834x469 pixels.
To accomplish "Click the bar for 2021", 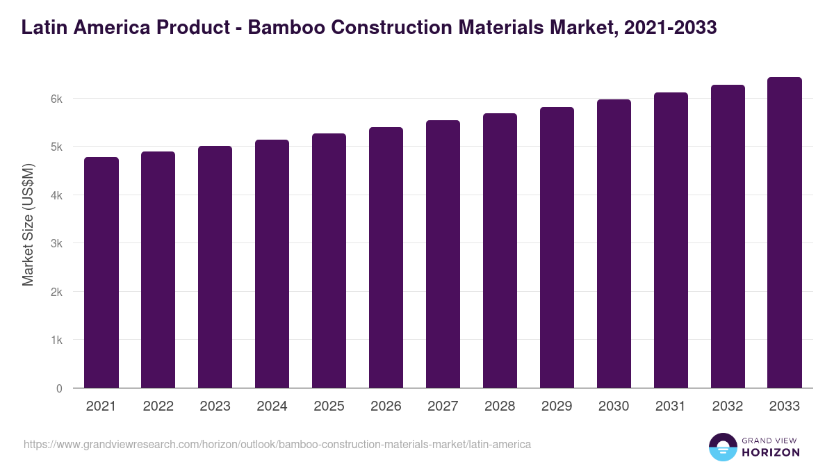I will point(101,272).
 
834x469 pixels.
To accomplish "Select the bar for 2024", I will point(272,264).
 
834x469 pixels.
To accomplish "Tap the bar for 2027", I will point(443,254).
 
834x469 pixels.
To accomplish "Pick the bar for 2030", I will point(614,244).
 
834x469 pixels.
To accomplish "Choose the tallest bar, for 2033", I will point(785,233).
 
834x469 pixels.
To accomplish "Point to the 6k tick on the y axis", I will point(56,99).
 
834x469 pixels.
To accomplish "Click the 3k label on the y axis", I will point(56,244).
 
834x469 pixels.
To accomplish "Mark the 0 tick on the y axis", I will point(59,388).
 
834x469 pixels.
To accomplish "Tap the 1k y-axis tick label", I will point(56,340).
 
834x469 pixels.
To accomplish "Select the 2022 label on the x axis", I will point(158,406).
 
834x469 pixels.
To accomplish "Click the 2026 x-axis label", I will point(386,406).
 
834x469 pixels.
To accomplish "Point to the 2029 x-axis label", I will point(557,406).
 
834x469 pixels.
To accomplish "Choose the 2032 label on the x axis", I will point(728,406).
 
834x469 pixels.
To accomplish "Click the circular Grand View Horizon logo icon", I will point(722,447).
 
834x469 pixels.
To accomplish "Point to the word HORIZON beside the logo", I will point(771,452).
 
